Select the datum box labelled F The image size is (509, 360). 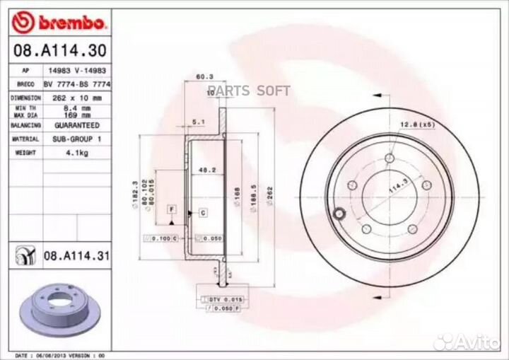tap(171, 210)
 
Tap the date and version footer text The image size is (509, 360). tap(60, 354)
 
